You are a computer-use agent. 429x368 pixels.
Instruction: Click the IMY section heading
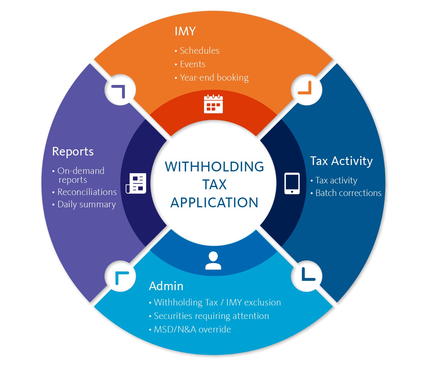click(185, 31)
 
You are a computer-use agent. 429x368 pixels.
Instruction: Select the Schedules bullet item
click(199, 51)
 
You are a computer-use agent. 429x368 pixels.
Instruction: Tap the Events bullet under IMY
click(192, 64)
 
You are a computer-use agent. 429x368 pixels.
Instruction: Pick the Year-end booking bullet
click(214, 78)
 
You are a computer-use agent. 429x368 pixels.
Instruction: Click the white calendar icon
click(213, 104)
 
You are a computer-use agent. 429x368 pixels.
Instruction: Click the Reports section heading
click(73, 151)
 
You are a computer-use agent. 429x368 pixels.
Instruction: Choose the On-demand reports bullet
click(81, 175)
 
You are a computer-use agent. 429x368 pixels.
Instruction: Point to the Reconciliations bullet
click(87, 192)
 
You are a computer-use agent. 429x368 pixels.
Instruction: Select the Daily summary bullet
click(86, 204)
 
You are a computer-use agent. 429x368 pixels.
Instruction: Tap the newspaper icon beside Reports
click(136, 183)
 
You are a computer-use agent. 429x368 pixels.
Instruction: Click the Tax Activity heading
click(341, 161)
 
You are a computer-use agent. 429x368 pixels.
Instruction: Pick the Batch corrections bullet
click(348, 193)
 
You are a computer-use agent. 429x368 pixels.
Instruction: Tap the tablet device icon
click(292, 183)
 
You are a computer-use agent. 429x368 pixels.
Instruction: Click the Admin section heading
click(166, 286)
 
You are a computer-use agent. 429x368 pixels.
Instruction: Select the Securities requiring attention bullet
click(211, 316)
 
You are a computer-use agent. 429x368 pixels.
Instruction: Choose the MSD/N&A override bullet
click(192, 329)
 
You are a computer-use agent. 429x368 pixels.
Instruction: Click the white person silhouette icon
click(213, 261)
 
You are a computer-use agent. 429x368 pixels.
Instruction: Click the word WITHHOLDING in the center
click(214, 167)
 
